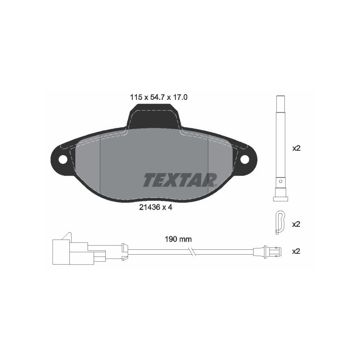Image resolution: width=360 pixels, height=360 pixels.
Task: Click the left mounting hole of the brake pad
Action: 63,159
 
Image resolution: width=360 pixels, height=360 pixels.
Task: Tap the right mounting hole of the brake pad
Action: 245,159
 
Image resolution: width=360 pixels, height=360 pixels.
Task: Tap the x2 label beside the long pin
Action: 296,148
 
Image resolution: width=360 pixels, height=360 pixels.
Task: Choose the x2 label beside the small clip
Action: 296,224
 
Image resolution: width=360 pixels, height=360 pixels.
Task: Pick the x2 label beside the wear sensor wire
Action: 296,251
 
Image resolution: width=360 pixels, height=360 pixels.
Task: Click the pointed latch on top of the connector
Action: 67,236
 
